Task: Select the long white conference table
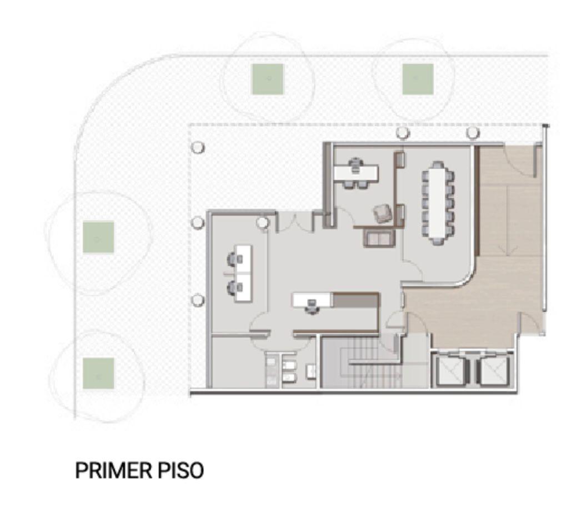(437, 202)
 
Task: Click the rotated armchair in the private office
(382, 214)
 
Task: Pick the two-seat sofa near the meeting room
(379, 238)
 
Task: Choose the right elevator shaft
(495, 370)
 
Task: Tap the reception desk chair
(312, 307)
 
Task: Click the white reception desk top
(313, 300)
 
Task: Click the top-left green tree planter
(267, 79)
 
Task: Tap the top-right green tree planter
(418, 79)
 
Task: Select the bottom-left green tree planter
(98, 373)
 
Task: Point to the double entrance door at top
(295, 222)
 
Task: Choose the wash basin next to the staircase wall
(311, 371)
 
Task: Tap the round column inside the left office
(262, 223)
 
